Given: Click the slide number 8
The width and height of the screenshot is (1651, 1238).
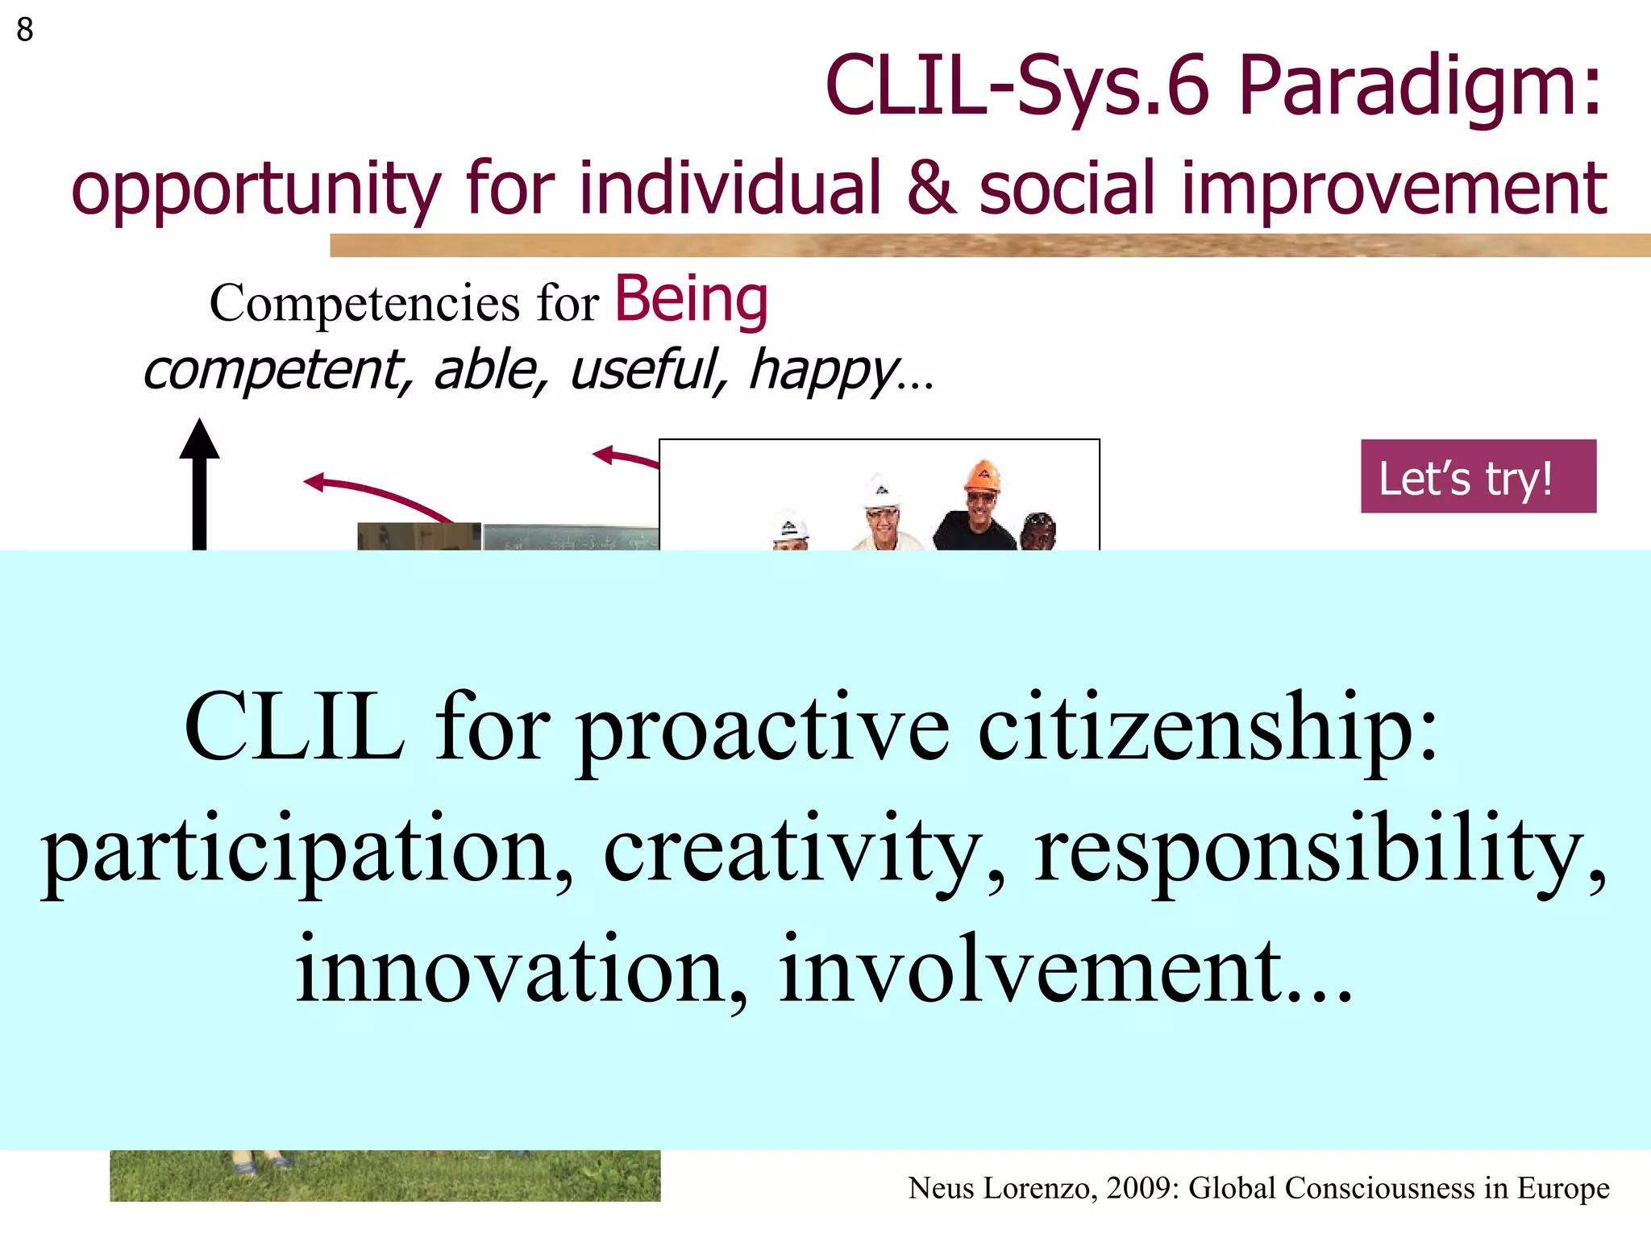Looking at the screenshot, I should (x=25, y=31).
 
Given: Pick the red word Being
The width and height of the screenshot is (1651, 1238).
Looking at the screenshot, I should (x=691, y=300).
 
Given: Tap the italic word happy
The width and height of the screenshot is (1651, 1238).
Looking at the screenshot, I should (x=823, y=371).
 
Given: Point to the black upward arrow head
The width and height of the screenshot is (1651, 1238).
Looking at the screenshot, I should (x=199, y=439).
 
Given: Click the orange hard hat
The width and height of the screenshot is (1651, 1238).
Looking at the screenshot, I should (x=982, y=476).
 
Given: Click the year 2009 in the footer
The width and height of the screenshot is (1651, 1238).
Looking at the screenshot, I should (x=1140, y=1188).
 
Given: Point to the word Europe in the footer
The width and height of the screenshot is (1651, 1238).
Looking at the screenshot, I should (x=1563, y=1188).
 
